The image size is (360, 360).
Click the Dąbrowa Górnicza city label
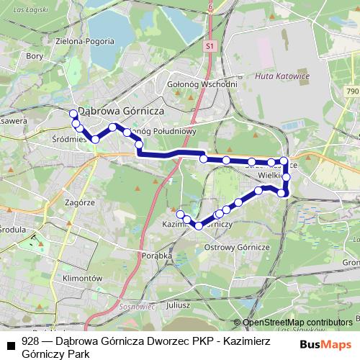point(122,112)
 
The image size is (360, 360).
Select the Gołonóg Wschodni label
point(202,84)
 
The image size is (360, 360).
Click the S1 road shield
point(210,46)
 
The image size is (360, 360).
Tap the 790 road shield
point(351,91)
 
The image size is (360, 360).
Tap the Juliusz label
point(178,304)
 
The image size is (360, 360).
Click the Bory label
point(35,55)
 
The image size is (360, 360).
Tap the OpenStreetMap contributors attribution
point(298,323)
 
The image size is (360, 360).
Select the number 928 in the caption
point(31,342)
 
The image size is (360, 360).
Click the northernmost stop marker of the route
point(73,114)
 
